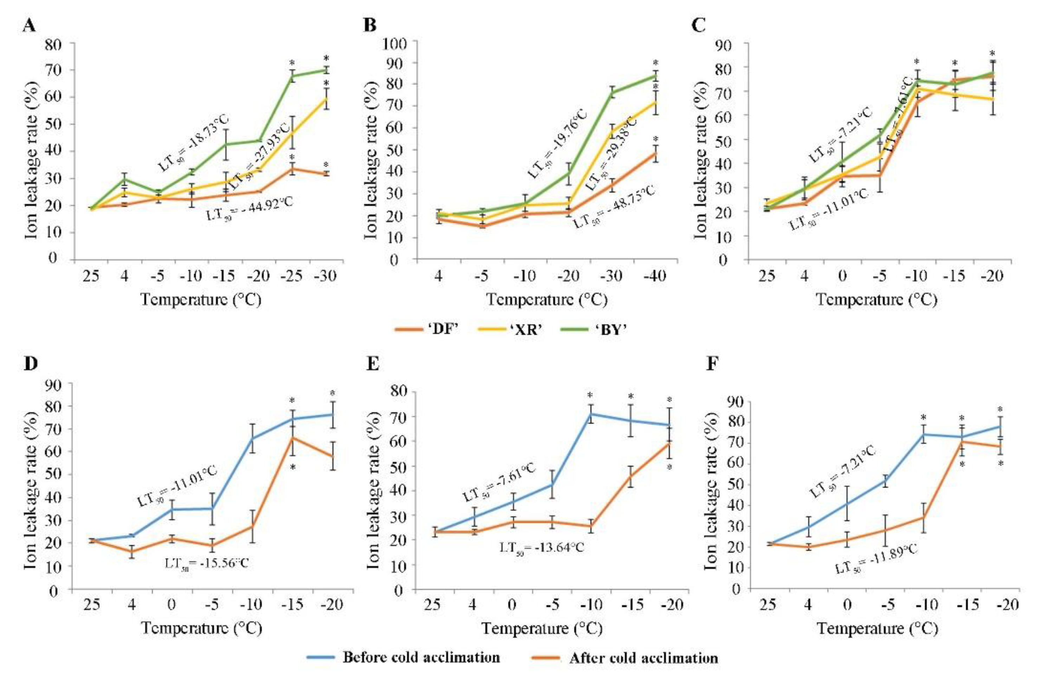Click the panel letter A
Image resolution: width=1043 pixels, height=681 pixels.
[x=29, y=26]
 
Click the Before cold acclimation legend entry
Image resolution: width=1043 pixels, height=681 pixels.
[x=403, y=657]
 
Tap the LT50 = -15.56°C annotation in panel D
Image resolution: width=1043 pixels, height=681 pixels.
[x=206, y=563]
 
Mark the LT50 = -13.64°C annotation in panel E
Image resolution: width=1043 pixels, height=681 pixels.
[x=542, y=547]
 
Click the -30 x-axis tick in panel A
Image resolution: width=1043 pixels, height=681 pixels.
[x=326, y=277]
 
